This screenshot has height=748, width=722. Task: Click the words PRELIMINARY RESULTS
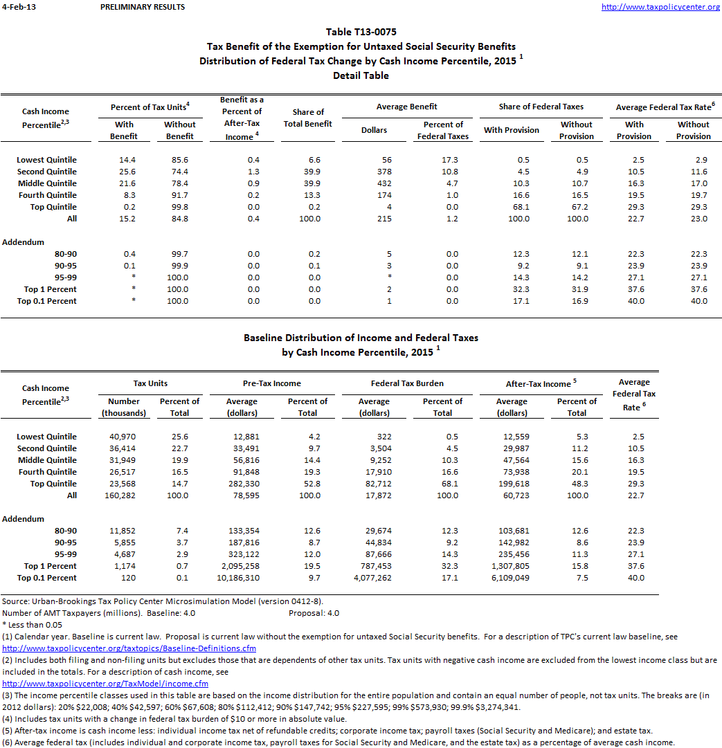143,7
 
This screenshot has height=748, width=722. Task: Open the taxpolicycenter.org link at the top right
660,7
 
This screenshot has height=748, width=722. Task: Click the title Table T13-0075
361,32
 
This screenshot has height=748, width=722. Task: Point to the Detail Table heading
361,75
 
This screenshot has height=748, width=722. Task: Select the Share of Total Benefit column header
308,118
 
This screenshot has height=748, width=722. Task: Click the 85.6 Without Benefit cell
179,160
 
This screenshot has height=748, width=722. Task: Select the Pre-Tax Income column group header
273,383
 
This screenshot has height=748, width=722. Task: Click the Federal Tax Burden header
407,383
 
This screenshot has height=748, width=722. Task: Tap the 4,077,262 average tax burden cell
372,578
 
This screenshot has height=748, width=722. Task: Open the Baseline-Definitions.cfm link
129,648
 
